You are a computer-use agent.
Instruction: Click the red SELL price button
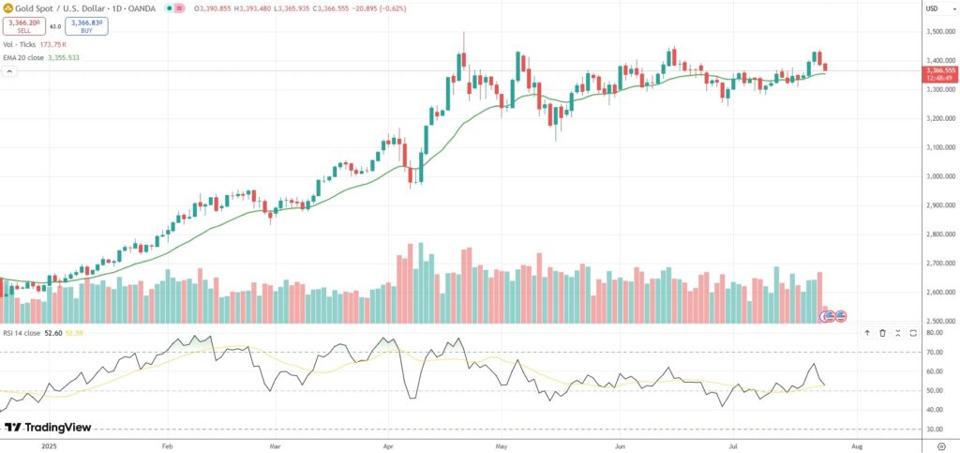tap(23, 26)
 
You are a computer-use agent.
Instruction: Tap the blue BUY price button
tap(86, 26)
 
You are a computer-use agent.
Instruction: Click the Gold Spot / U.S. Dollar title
tap(57, 8)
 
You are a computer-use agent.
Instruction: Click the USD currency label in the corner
tap(932, 8)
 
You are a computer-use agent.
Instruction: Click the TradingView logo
tap(48, 428)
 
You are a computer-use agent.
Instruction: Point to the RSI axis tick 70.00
tap(934, 352)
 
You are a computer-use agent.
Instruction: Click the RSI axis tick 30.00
tap(934, 429)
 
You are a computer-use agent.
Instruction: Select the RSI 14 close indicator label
tap(21, 332)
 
